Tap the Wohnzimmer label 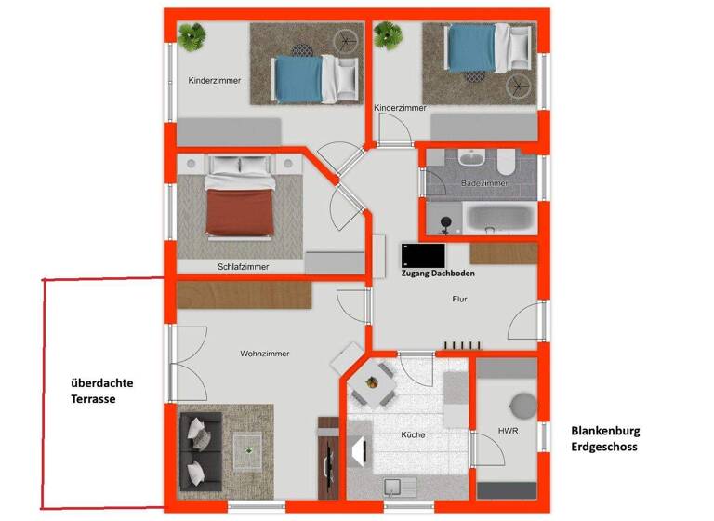pos(264,354)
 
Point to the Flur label pos(459,301)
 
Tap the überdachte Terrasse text pos(99,390)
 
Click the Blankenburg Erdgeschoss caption pos(605,439)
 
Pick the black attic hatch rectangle pos(423,254)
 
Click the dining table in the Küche pos(377,382)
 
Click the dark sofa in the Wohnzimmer pos(198,450)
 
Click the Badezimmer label pos(484,184)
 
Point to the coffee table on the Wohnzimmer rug pos(248,449)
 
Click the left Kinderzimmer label pos(214,81)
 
